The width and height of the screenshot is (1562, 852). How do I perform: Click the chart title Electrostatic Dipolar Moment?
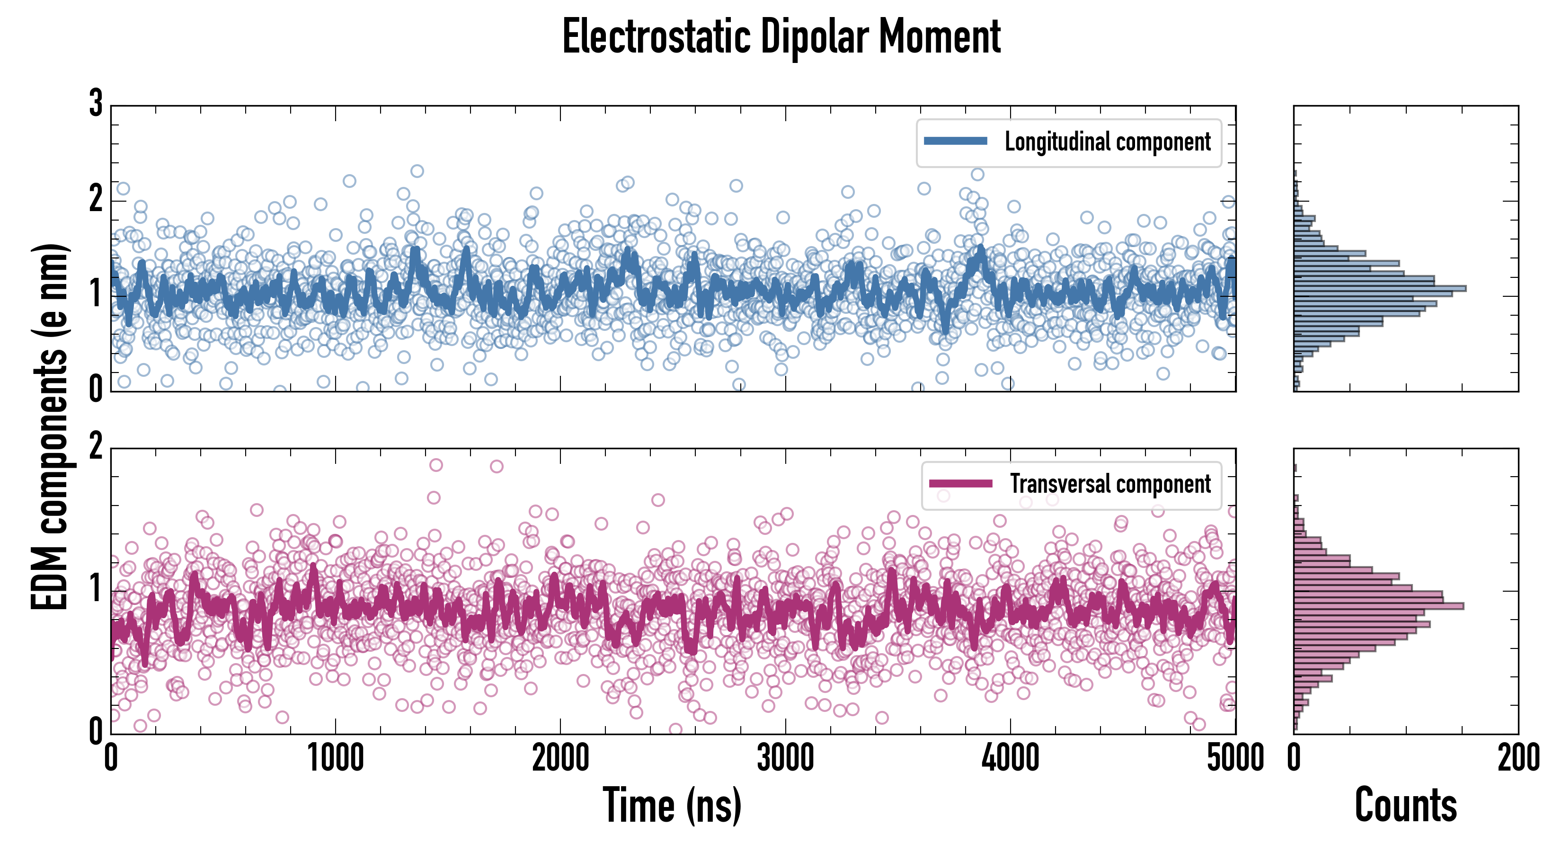coord(781,37)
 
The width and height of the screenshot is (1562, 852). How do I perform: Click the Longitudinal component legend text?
coord(1107,142)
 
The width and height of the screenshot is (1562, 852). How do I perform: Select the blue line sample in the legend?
coord(955,142)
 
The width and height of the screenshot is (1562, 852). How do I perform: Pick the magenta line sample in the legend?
coord(960,483)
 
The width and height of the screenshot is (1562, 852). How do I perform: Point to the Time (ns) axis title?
coord(672,805)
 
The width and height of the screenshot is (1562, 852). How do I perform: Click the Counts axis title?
coord(1405,805)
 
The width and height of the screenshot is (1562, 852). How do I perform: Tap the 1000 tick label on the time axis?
coord(335,759)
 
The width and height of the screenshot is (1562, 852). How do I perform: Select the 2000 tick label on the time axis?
coord(560,759)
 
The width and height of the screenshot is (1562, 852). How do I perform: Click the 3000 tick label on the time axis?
coord(785,759)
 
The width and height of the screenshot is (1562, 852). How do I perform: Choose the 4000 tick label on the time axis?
coord(1010,759)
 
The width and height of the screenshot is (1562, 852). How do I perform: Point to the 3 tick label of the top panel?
coord(96,104)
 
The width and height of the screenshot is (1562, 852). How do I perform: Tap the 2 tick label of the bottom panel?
coord(96,447)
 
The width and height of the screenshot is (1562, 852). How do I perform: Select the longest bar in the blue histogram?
coord(1379,289)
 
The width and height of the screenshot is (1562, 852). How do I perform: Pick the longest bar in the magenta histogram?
coord(1378,606)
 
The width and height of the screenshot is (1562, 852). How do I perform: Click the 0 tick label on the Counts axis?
coord(1294,759)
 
